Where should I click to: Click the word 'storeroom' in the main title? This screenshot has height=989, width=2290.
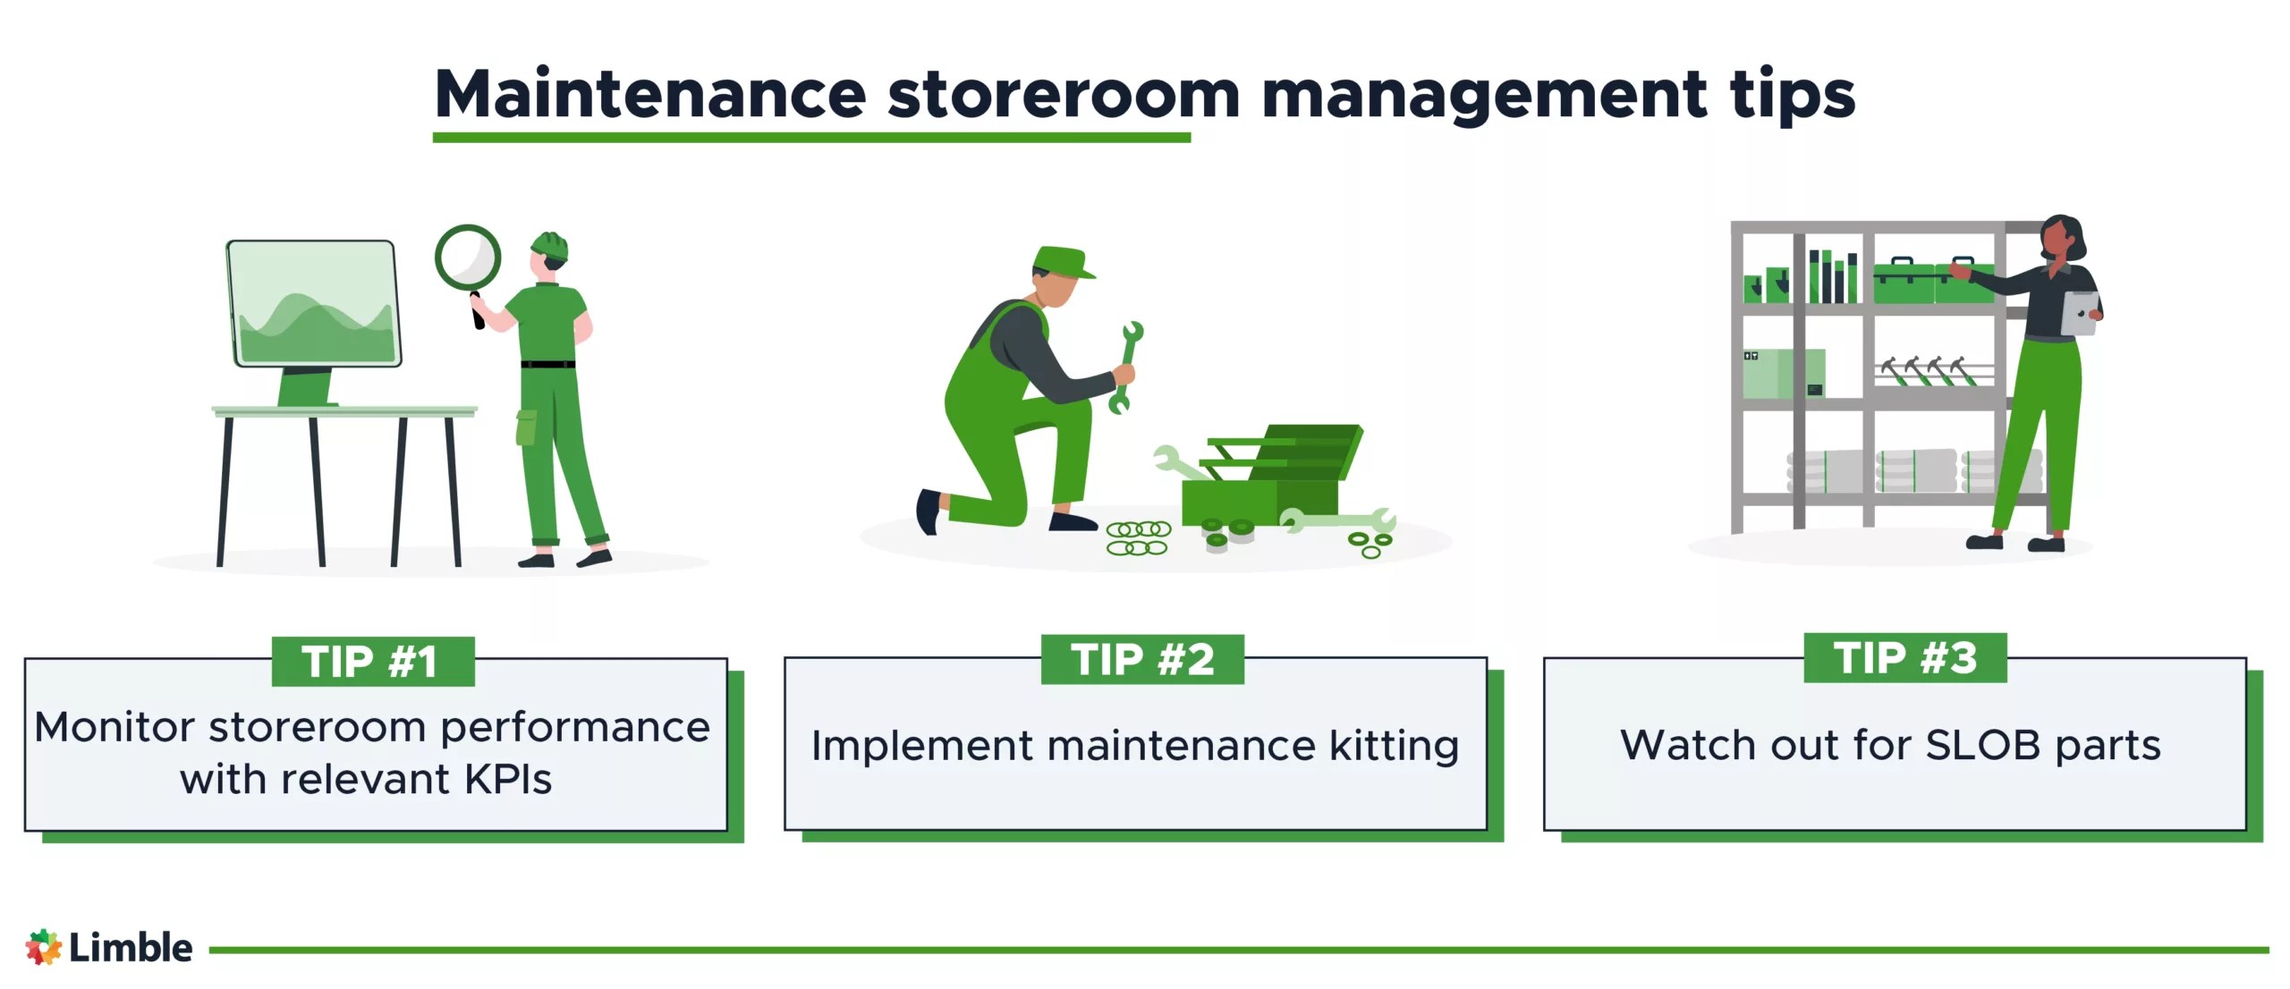click(x=1063, y=95)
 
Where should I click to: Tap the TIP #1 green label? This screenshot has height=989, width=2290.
click(x=372, y=662)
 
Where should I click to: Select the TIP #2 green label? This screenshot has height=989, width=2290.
click(x=1142, y=660)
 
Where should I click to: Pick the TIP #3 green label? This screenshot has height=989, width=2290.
click(x=1904, y=658)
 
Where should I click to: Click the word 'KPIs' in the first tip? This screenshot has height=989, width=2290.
click(x=508, y=780)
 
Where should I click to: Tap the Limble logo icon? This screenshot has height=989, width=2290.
click(x=43, y=947)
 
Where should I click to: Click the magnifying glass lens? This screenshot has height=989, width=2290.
click(x=468, y=258)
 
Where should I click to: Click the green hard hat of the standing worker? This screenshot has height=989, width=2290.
click(x=550, y=245)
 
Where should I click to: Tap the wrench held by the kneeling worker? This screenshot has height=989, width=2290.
click(x=1126, y=367)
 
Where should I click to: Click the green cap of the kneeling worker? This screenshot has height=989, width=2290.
click(x=1062, y=262)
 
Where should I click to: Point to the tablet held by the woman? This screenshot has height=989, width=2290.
click(x=2079, y=313)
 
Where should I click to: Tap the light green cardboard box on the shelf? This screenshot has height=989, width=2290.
click(x=1782, y=373)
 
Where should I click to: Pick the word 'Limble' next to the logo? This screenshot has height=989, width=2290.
click(x=131, y=948)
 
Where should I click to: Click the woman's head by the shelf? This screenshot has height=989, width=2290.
click(x=2060, y=238)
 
